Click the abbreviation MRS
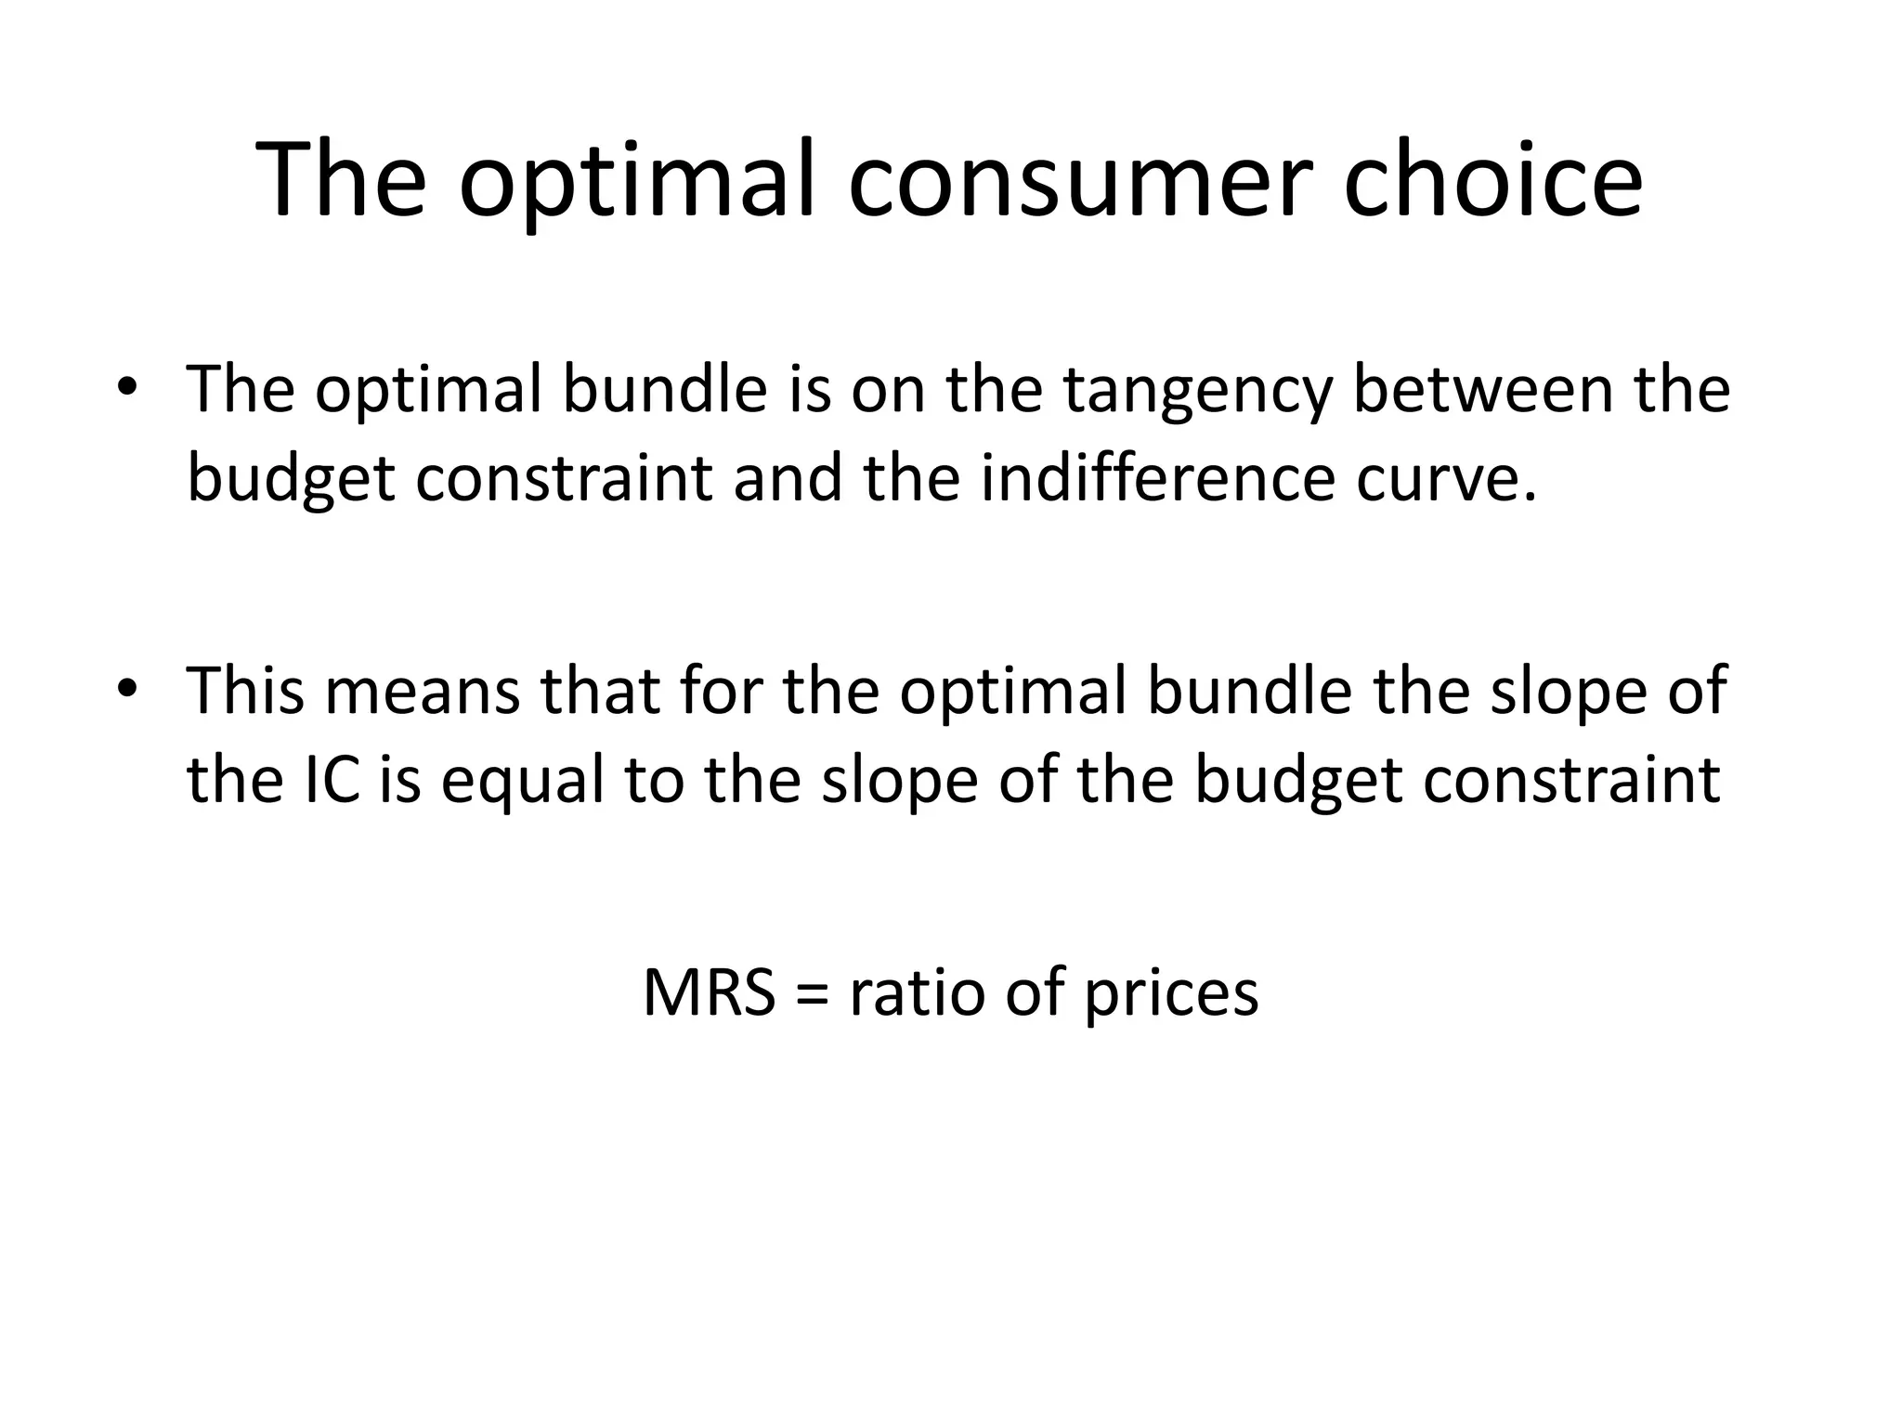coord(709,992)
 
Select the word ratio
coord(915,992)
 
